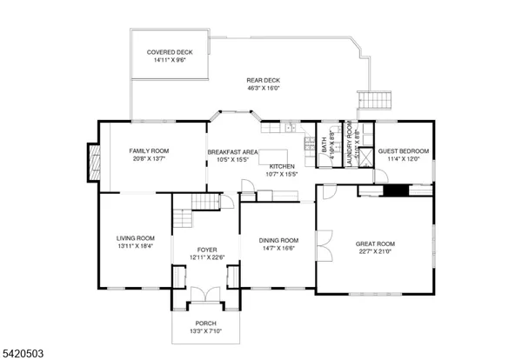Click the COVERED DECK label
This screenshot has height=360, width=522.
coord(170,52)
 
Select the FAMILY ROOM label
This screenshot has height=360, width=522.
coord(148,151)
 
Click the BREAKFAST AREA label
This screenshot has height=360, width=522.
coord(233,152)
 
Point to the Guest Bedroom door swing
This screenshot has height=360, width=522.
coord(381,175)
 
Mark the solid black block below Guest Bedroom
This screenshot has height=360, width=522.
coord(397,190)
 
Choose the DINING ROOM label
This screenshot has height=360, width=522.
coord(278,240)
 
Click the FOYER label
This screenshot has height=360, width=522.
coord(207,249)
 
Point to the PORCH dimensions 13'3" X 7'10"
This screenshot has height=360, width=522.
coord(205,330)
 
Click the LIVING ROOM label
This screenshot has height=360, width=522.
coord(136,237)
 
